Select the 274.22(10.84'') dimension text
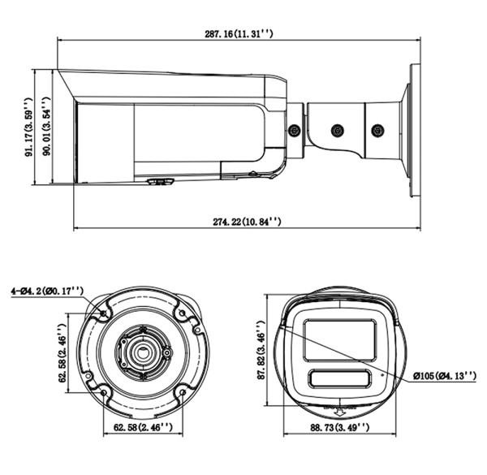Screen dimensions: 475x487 [x=247, y=220]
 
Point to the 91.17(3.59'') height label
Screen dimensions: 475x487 [x=30, y=127]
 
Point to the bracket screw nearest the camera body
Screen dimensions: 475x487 [x=295, y=129]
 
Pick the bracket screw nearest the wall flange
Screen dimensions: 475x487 [x=377, y=129]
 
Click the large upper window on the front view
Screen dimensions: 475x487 [x=338, y=340]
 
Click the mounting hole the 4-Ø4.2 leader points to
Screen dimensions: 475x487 [x=103, y=313]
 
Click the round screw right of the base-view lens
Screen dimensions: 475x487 [x=166, y=352]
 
